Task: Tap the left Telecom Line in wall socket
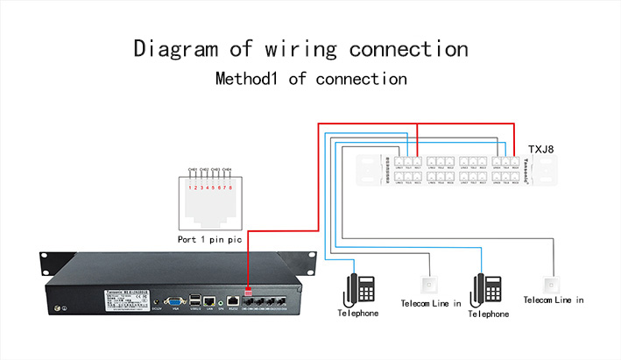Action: point(428,285)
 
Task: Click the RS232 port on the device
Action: point(232,301)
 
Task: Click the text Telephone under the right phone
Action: point(489,314)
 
